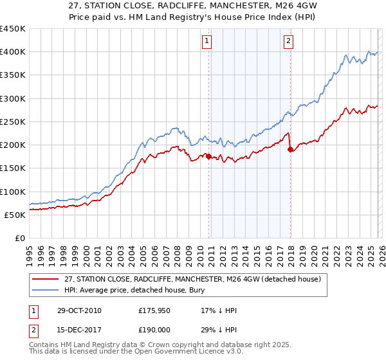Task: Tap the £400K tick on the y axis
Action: click(13, 52)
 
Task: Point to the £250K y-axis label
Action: click(13, 122)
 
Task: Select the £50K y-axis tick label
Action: click(15, 215)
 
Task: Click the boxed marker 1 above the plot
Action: click(207, 41)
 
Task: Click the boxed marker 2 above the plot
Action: click(288, 41)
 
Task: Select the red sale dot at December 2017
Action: click(290, 150)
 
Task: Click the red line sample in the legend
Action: click(46, 279)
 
